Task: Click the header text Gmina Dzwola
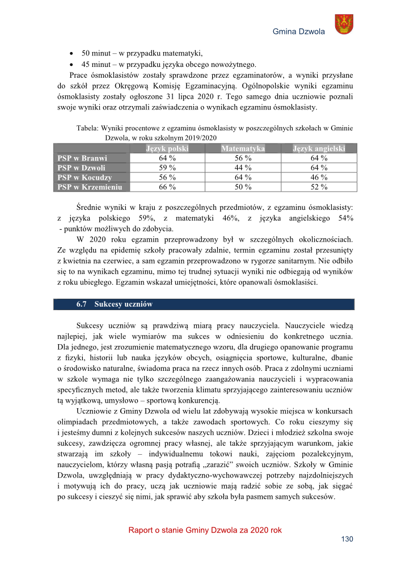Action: pos(298,32)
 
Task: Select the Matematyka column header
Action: pos(243,149)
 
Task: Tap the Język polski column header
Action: pos(167,149)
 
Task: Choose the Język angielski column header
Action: pos(319,149)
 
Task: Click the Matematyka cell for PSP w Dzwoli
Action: pos(243,168)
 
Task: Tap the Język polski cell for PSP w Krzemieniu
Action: pos(167,187)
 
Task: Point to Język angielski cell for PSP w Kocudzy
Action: pos(319,177)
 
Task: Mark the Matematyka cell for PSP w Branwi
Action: pos(243,158)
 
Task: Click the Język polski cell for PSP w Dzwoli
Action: pos(167,168)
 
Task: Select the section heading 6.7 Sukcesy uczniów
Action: pos(115,304)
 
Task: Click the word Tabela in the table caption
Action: pos(88,129)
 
